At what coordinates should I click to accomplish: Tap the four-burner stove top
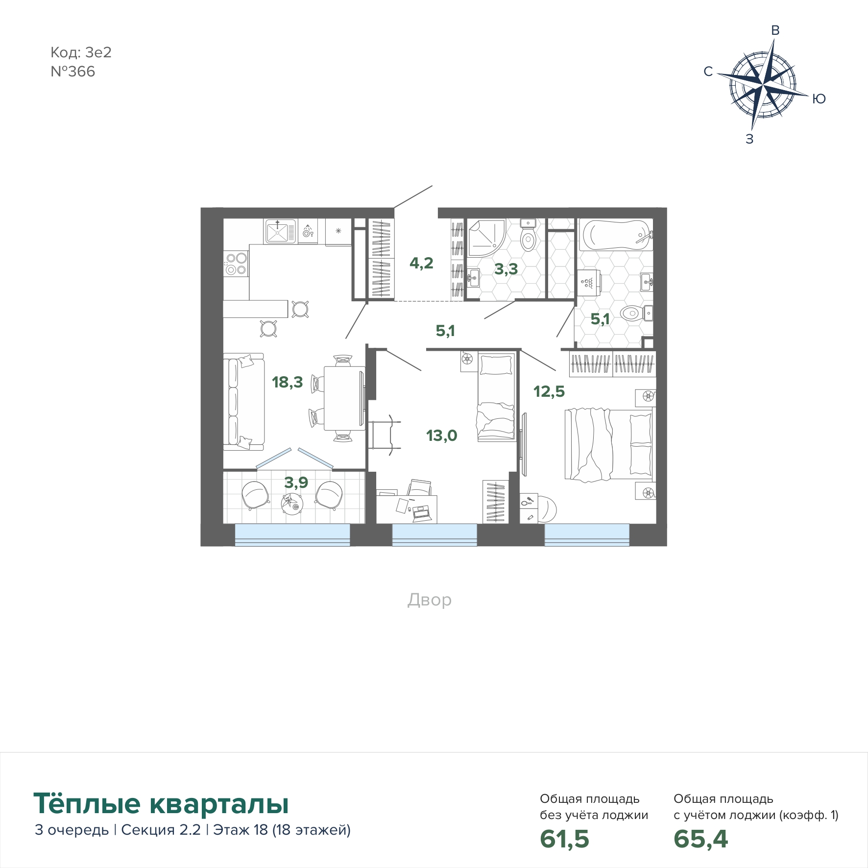point(236,264)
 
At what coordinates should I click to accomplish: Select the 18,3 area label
point(288,382)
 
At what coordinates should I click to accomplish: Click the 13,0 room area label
point(442,435)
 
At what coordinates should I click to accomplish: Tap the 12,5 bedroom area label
point(549,391)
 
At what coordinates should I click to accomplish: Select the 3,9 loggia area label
point(296,482)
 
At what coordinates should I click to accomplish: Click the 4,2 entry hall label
point(421,263)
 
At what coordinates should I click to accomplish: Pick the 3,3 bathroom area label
point(506,269)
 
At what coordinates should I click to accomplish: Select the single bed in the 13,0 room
point(496,397)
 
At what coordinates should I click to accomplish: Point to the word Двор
point(430,600)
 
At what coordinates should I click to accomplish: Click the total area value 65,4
point(701,839)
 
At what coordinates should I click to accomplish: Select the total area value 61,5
point(564,839)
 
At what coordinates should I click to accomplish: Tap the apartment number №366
point(73,72)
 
